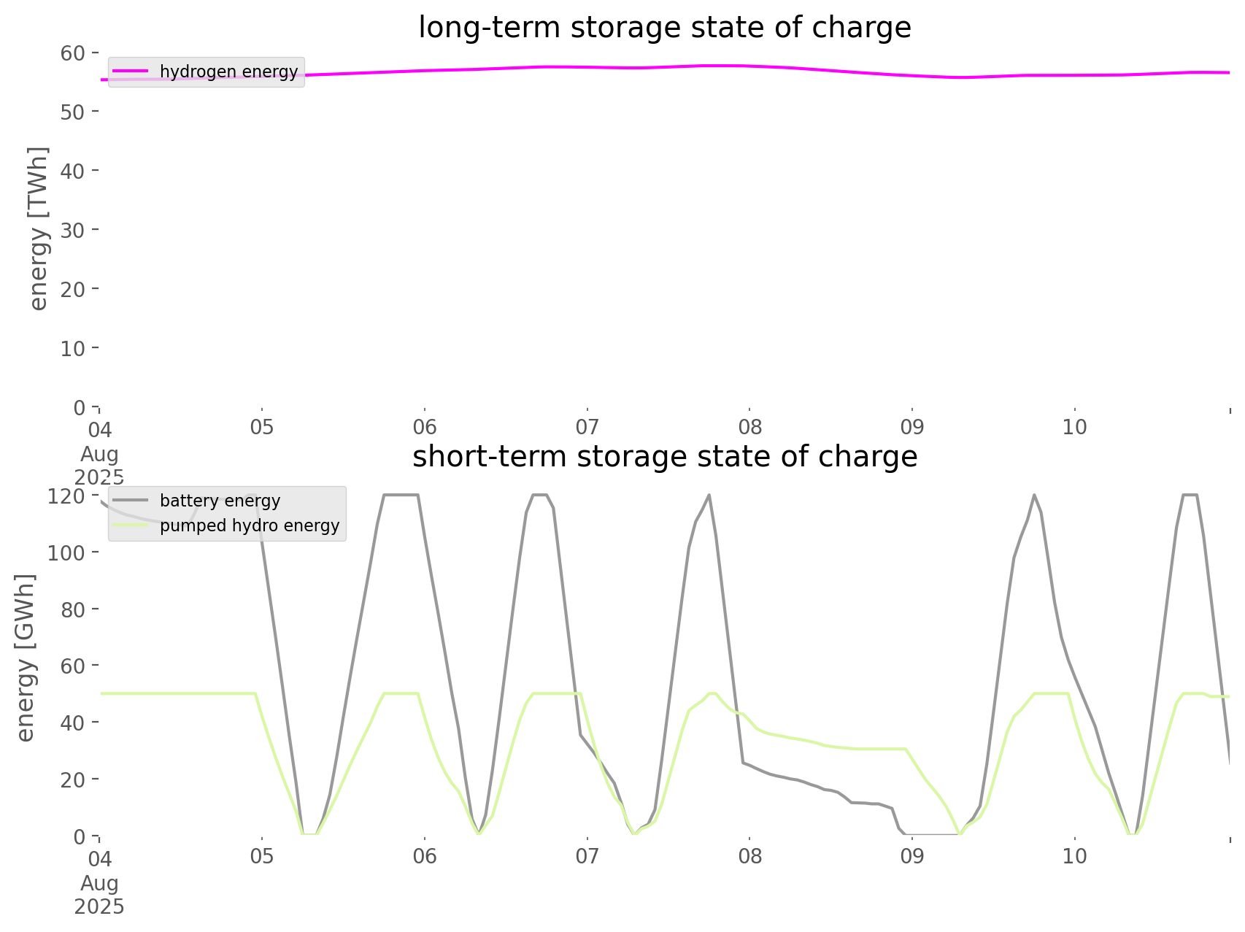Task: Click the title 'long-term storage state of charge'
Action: point(664,28)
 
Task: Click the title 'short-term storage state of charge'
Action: point(664,457)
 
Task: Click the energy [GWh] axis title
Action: point(26,658)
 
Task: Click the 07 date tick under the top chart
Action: point(587,427)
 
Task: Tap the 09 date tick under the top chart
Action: point(912,427)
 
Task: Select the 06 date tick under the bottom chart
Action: point(424,856)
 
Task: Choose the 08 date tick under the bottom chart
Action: point(749,856)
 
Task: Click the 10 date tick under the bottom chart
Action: point(1075,856)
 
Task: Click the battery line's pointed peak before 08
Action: point(709,496)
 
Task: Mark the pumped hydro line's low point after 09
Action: point(960,833)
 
